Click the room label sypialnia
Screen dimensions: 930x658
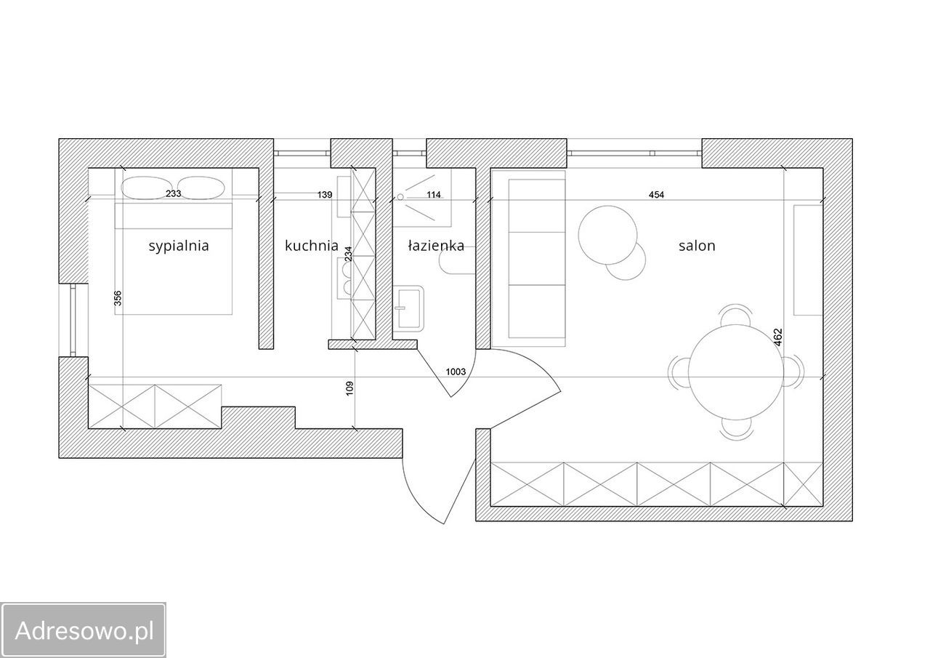179,246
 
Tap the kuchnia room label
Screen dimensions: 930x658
312,246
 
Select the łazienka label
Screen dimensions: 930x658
436,246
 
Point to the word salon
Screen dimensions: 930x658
697,246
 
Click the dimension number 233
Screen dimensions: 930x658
173,193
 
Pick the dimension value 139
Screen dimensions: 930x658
325,194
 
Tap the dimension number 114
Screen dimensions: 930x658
434,194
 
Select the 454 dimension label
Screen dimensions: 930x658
656,194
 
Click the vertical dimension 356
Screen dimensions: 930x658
118,298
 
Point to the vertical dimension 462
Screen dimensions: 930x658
778,337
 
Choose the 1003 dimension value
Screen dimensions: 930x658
456,372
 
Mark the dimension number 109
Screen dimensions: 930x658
349,388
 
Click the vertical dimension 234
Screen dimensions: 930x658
348,254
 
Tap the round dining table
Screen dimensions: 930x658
736,372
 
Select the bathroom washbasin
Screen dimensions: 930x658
408,308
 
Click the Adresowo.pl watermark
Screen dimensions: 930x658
84,630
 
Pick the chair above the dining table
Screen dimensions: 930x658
736,315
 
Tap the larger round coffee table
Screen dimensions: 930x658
607,235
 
